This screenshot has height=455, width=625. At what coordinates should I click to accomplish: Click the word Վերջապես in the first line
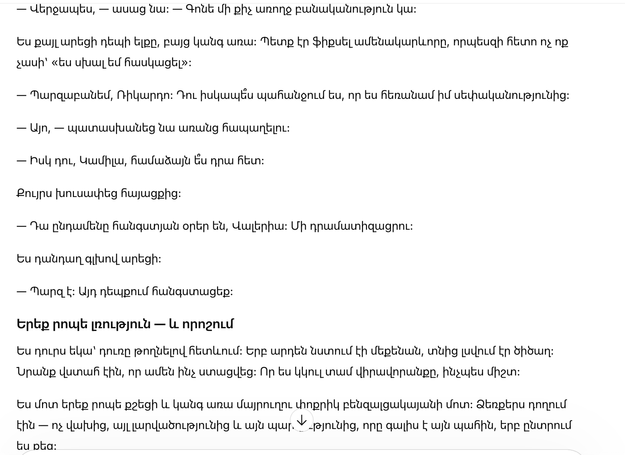tap(56, 9)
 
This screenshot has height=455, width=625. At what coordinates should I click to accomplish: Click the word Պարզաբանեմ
tap(71, 95)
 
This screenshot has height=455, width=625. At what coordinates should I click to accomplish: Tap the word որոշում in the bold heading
tap(208, 324)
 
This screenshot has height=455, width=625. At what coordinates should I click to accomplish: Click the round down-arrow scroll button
tap(302, 420)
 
